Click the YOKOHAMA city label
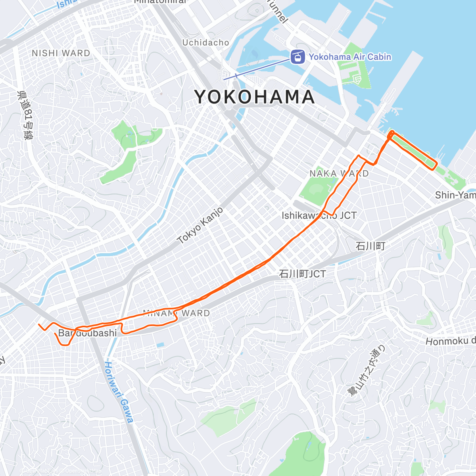(254, 97)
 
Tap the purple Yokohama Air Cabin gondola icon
(297, 57)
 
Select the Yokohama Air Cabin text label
(350, 57)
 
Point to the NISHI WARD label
(61, 53)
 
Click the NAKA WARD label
(339, 174)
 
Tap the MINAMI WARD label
(176, 313)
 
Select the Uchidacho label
(205, 42)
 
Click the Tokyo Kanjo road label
(200, 225)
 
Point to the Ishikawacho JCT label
(319, 215)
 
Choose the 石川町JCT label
(302, 274)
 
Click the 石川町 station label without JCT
(370, 246)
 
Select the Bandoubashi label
(88, 333)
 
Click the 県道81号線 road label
(25, 115)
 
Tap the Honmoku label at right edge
(451, 341)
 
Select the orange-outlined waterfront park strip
(413, 151)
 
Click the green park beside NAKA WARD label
(315, 190)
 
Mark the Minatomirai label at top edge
(160, 2)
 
